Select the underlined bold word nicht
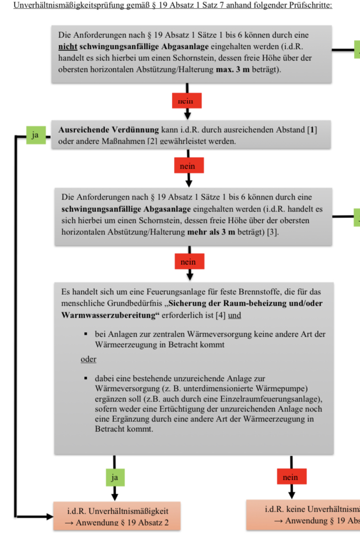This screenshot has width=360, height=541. [67, 46]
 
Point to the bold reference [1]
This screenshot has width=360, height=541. [312, 130]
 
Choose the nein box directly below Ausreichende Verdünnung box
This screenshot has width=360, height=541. [188, 166]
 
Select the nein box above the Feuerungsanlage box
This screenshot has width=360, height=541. [188, 261]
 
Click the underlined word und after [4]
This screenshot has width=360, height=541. [235, 316]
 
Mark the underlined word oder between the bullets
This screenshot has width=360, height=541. [89, 359]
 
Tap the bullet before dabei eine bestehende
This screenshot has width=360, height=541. [86, 379]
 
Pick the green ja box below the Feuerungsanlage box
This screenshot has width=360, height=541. [115, 477]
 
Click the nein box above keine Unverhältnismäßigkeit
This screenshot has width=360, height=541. [290, 477]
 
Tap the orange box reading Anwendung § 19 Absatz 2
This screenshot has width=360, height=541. [117, 517]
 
